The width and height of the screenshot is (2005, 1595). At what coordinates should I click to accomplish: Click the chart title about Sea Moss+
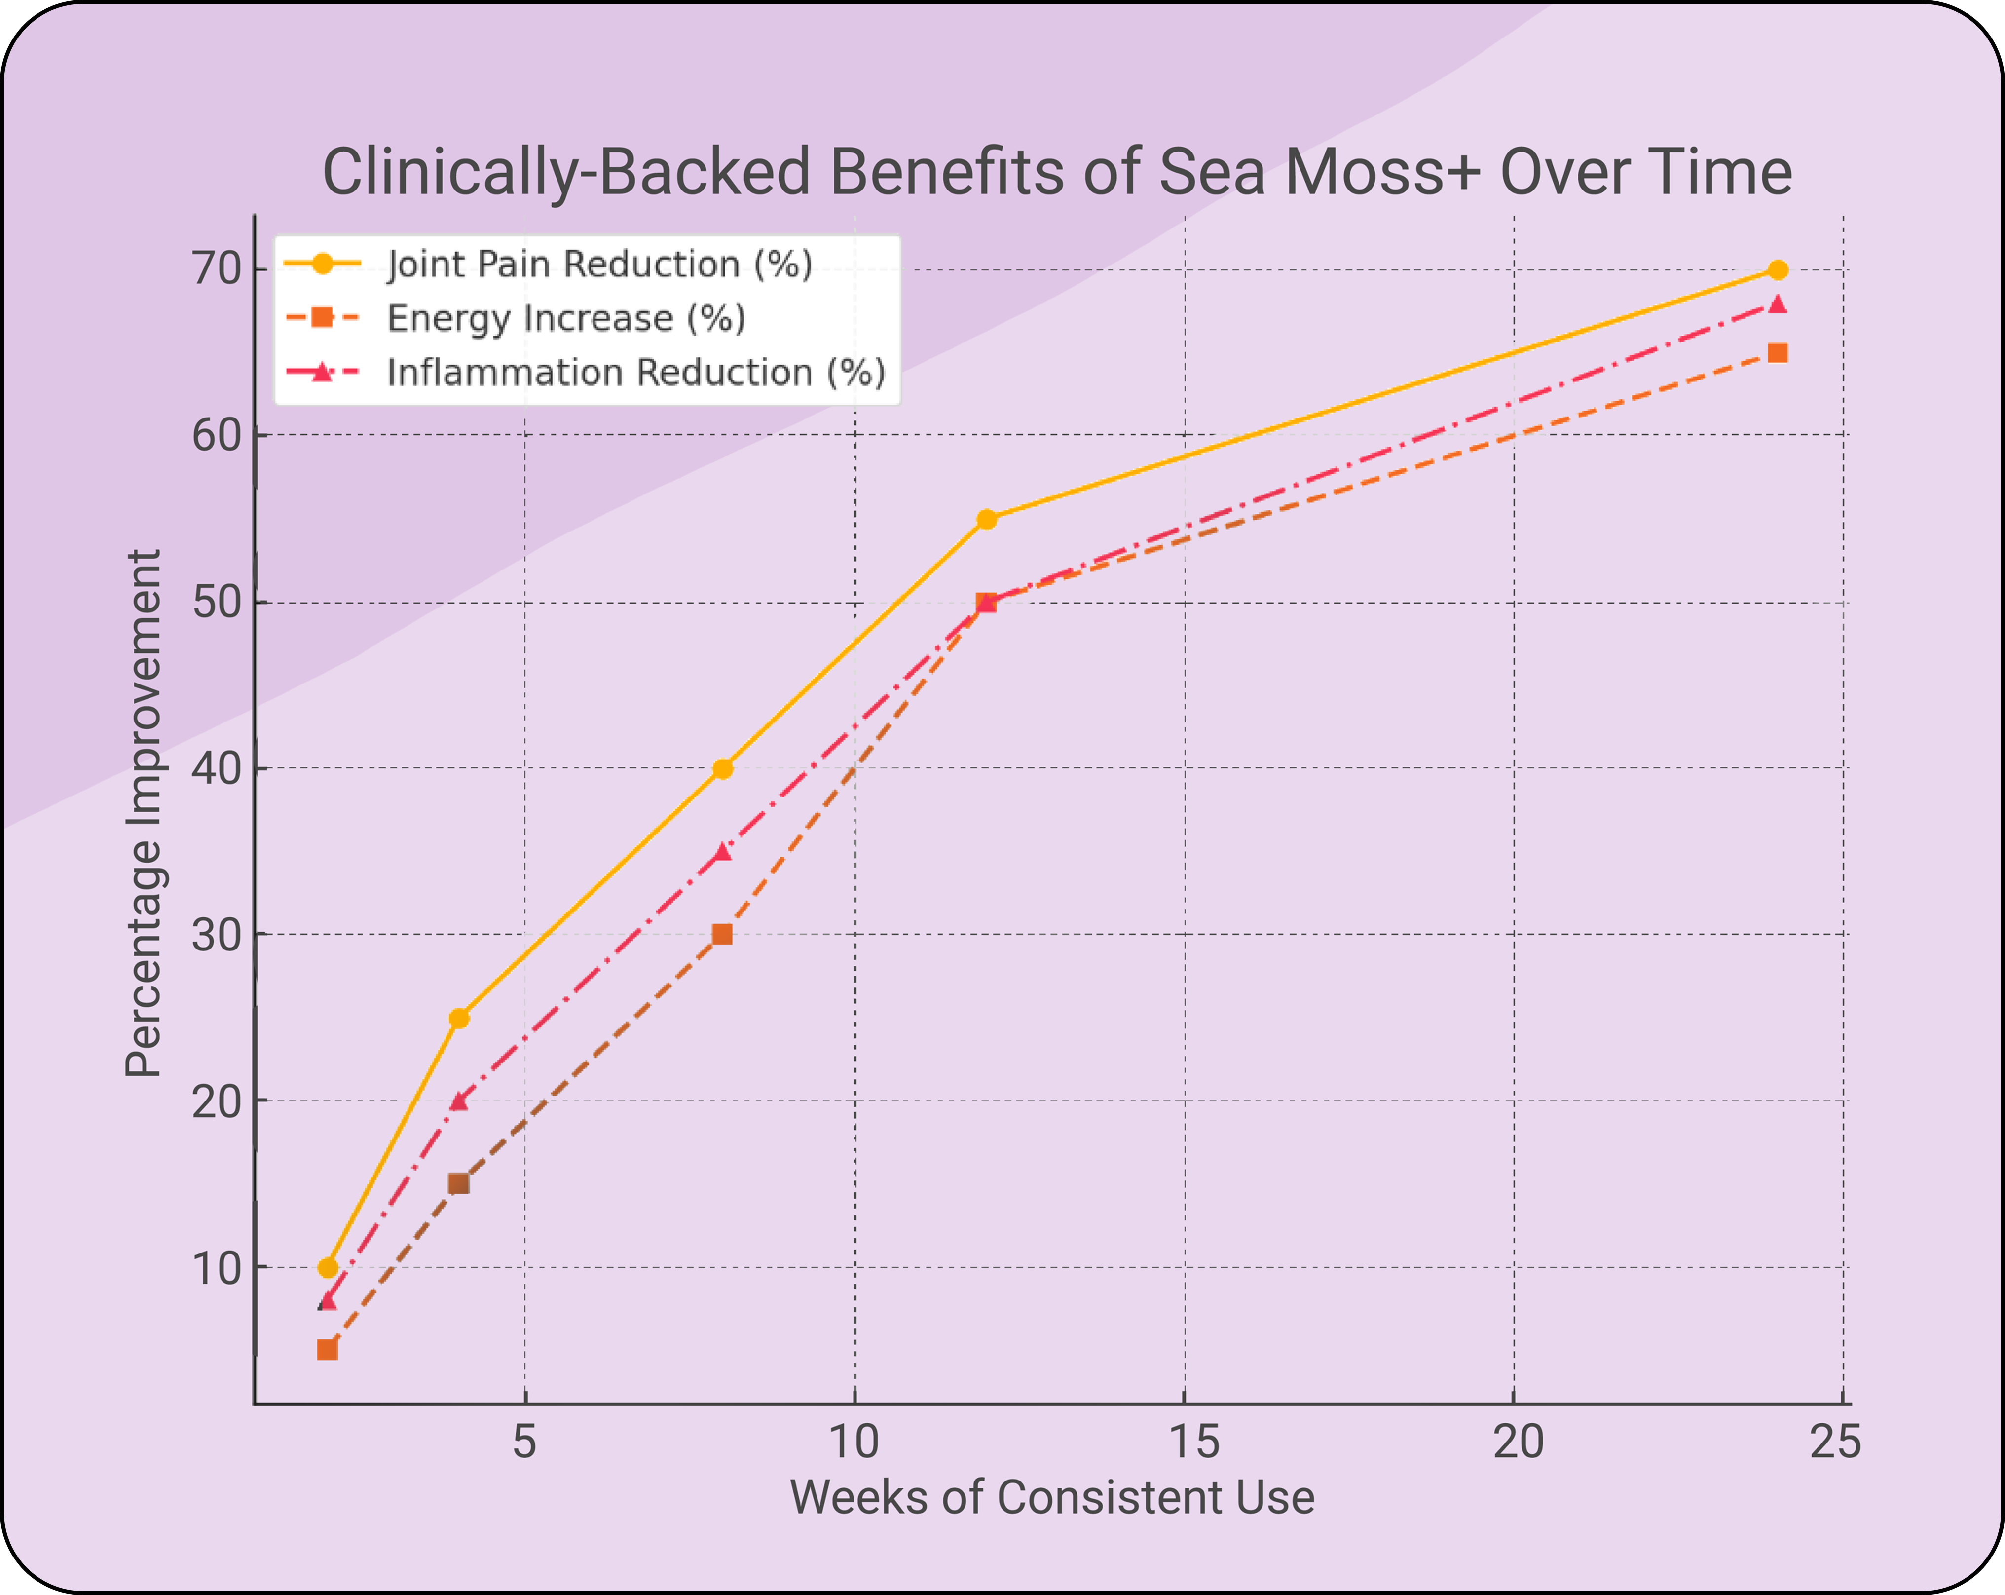(1056, 172)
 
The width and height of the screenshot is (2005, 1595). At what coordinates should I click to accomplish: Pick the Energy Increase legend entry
(565, 318)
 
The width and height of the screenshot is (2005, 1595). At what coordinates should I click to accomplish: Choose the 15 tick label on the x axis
(1193, 1442)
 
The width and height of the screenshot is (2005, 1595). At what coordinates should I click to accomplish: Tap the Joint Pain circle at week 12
(987, 519)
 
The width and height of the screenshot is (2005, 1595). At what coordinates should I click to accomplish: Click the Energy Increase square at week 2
(328, 1349)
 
